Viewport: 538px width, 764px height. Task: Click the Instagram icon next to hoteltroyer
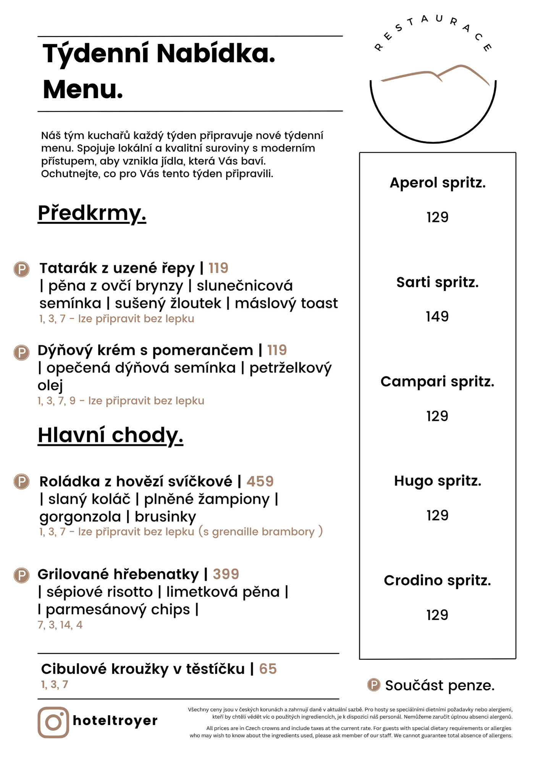(53, 722)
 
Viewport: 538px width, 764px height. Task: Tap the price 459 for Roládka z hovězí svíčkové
(260, 481)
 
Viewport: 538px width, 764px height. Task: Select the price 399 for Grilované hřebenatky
(226, 574)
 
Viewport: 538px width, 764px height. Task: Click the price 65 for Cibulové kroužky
(268, 669)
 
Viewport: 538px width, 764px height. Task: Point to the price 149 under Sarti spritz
(437, 316)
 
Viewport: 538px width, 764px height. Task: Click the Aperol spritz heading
(438, 183)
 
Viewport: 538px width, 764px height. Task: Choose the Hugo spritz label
(438, 481)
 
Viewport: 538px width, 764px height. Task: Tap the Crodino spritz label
(438, 580)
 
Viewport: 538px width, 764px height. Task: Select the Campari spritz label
(438, 382)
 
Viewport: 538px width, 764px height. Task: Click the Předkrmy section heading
(92, 213)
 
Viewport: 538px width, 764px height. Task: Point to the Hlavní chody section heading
(110, 435)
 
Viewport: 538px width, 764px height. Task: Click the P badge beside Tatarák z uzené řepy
(22, 269)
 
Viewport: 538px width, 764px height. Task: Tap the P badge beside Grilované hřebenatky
(22, 575)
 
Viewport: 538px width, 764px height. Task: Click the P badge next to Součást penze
(374, 685)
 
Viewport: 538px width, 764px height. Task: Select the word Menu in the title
(82, 89)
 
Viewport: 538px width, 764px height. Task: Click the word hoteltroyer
(115, 720)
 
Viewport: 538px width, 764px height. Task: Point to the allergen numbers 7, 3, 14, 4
(60, 625)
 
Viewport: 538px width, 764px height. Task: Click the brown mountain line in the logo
(435, 73)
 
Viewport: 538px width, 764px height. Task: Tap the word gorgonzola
(80, 517)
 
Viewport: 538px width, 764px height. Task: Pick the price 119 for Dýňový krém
(277, 350)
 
